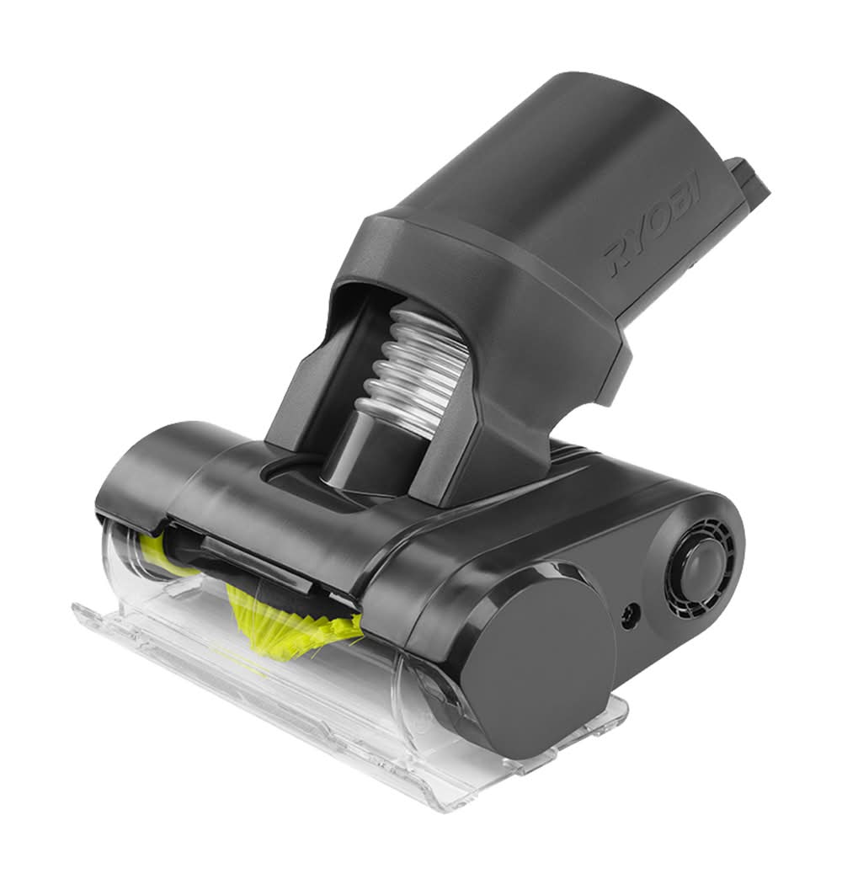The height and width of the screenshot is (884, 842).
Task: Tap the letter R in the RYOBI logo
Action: click(619, 258)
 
